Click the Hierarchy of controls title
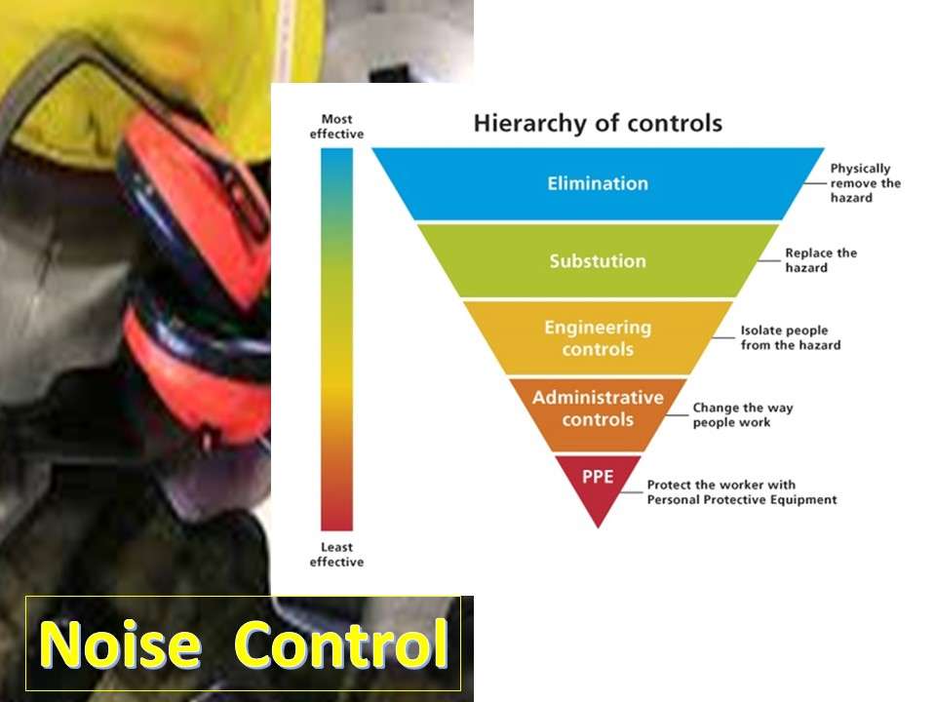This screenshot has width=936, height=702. (x=597, y=124)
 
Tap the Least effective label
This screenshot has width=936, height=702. (x=336, y=554)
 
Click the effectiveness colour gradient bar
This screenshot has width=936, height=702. (x=336, y=341)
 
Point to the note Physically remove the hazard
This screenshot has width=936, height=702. (x=865, y=182)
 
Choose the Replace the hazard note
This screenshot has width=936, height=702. (x=821, y=260)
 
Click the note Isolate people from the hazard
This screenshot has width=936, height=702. (x=790, y=337)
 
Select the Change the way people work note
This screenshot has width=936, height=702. (x=742, y=415)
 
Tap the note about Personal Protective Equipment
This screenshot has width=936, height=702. (x=741, y=492)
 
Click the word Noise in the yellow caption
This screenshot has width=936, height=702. (x=121, y=644)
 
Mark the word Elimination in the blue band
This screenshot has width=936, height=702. (x=598, y=183)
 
